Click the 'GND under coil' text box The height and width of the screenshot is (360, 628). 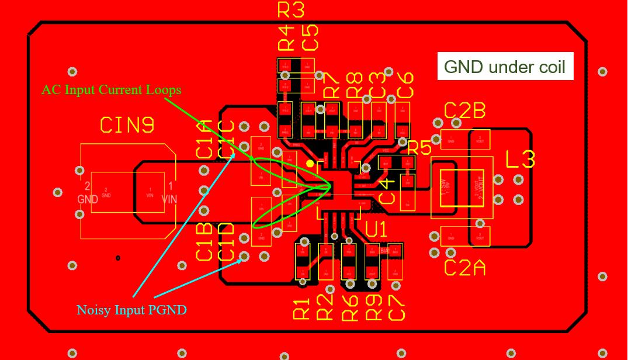(505, 67)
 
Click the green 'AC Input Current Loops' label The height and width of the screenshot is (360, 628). (111, 90)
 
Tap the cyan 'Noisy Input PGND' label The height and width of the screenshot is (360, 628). (131, 310)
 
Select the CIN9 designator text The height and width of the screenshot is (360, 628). (127, 124)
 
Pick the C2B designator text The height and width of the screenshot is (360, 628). (464, 111)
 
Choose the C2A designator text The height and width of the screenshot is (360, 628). (464, 267)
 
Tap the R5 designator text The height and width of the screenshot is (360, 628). (419, 148)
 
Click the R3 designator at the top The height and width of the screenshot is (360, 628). (291, 10)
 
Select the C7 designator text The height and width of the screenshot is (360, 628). (396, 307)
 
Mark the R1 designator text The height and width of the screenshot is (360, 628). (302, 307)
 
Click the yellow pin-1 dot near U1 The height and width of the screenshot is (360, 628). (310, 164)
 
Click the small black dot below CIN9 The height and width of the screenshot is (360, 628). (118, 258)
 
